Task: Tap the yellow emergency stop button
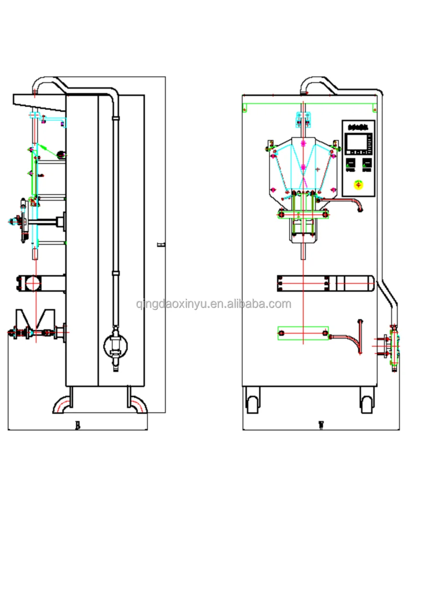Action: pos(358,184)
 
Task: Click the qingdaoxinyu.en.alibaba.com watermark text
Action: pos(213,304)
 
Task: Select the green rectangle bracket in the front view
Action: pos(303,333)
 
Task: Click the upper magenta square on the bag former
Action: pos(303,143)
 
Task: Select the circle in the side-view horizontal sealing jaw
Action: pos(34,283)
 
